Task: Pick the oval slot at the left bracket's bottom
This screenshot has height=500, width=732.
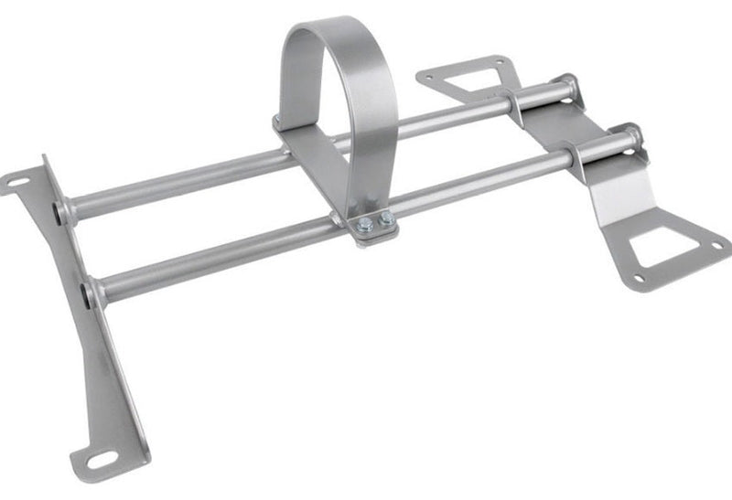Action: pos(100,459)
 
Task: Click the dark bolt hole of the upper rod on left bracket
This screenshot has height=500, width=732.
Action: pos(60,212)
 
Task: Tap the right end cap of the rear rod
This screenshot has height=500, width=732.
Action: pos(568,87)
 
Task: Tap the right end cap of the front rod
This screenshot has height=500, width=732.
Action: pos(632,137)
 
